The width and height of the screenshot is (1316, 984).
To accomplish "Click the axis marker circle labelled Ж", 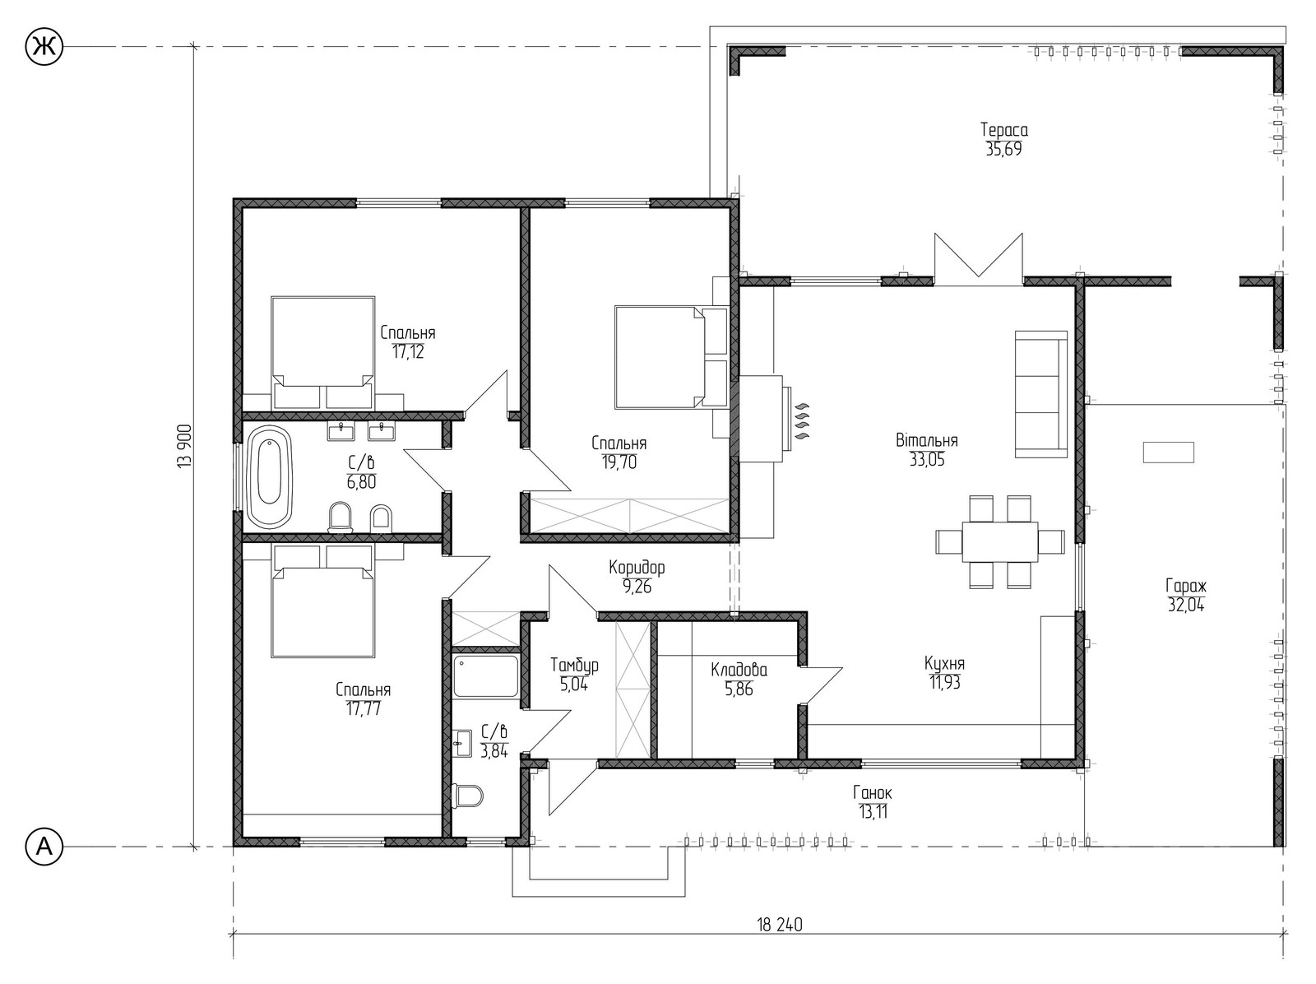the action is coord(44,47).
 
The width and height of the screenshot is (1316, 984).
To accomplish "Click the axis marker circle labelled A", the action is coord(44,847).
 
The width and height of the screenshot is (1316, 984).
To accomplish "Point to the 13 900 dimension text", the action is coord(185,447).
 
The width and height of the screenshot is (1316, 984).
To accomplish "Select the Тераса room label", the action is coord(1004,129).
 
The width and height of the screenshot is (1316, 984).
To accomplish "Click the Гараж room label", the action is coord(1186,585).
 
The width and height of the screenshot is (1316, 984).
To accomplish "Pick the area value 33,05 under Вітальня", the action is coord(927,460).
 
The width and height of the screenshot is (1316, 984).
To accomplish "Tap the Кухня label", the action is coord(945,663).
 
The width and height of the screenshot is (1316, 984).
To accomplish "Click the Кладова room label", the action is coord(739,670).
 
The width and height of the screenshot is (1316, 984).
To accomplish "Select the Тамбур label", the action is coord(574,665).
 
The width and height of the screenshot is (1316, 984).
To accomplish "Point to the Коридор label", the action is coord(637,567).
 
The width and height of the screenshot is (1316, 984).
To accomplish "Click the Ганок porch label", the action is coord(873,793).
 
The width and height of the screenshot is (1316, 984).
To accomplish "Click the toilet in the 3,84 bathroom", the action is coord(468,796).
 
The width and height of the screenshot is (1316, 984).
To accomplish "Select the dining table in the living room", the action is coord(1000,541).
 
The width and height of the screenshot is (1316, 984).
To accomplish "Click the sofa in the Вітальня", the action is coord(1040,394).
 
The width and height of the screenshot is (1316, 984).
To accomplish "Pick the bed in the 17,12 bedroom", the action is coord(323,353).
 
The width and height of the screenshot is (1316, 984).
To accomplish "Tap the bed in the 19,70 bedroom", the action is coord(671,357).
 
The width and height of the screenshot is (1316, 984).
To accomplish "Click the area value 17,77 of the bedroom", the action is coord(364,708).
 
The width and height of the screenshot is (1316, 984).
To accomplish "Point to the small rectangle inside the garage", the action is coord(1169,453).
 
